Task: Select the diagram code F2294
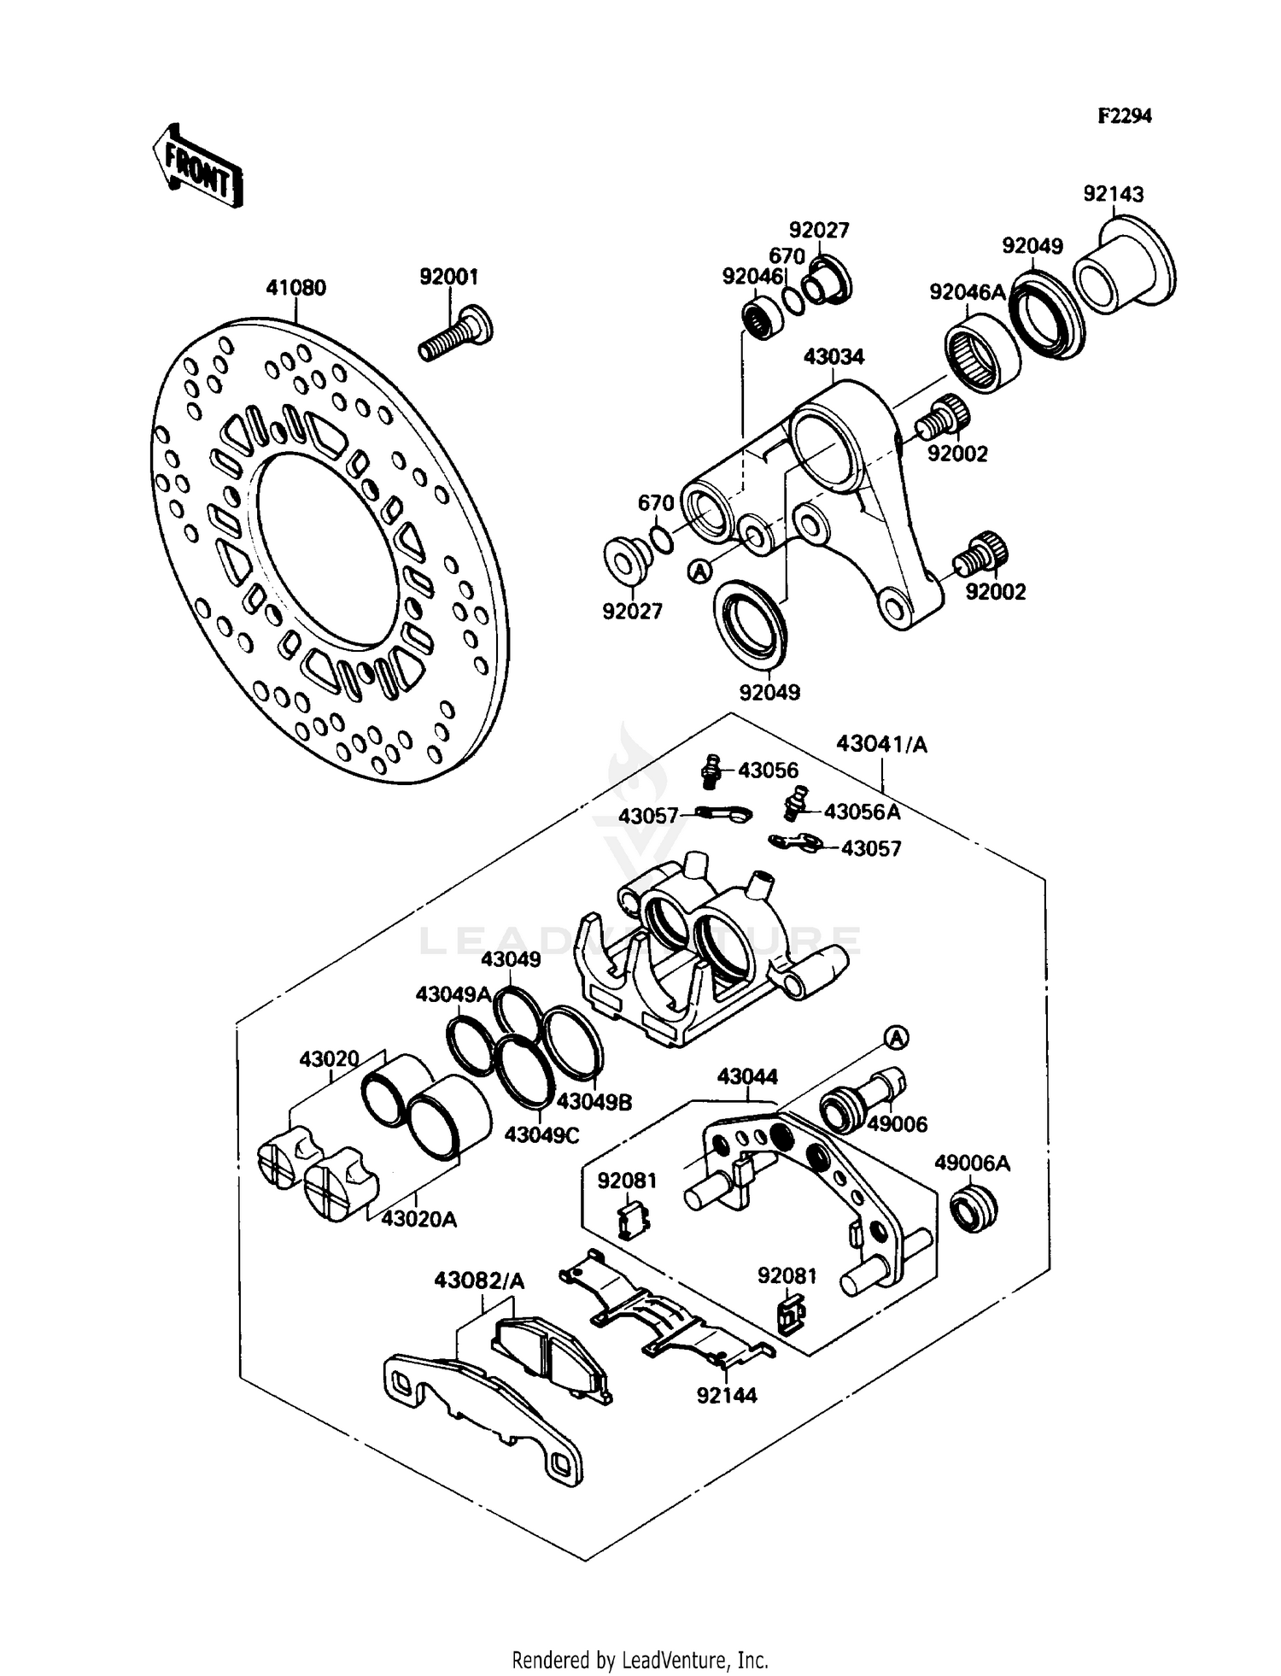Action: (1124, 116)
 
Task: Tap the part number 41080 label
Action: (295, 289)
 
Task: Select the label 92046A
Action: (968, 293)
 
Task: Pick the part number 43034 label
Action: (833, 357)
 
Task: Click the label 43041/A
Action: (881, 744)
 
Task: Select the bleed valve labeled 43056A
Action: (794, 802)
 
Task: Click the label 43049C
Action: (541, 1135)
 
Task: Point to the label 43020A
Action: (418, 1219)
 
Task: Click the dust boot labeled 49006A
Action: (974, 1207)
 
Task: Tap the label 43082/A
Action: (479, 1280)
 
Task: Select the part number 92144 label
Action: (727, 1395)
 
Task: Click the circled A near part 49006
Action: (895, 1038)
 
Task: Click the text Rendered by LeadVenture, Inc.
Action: (640, 1660)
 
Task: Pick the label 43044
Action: (747, 1076)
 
